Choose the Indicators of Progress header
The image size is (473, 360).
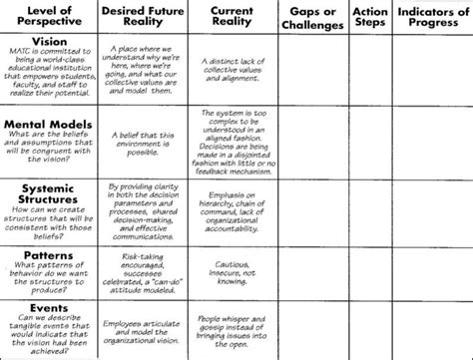click(430, 17)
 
